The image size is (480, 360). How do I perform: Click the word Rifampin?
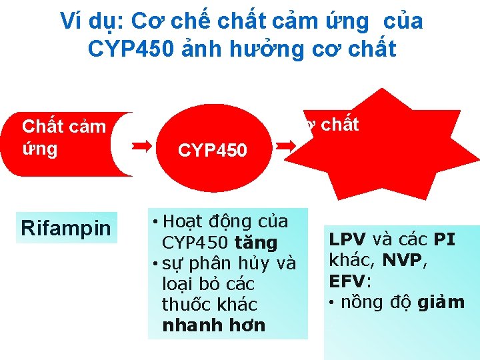66,228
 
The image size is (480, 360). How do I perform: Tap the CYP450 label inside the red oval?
213,150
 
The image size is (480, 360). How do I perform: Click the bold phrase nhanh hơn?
213,325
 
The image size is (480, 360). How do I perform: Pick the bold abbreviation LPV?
343,239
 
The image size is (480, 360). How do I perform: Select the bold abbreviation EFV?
344,281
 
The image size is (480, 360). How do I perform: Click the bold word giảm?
441,302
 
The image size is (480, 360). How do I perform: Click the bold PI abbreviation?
445,239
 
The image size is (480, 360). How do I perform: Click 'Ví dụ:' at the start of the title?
91,21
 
